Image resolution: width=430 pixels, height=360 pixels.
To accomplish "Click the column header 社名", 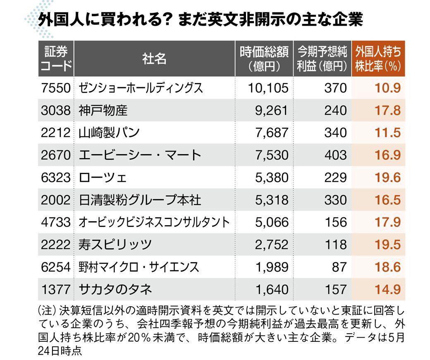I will click(154, 59).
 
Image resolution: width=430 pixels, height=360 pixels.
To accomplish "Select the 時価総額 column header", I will click(264, 59).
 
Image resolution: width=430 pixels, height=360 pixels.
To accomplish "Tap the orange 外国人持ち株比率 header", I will click(378, 59).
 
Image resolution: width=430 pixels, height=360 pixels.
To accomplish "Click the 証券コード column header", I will click(56, 59).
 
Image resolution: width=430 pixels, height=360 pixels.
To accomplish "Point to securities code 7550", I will click(56, 88).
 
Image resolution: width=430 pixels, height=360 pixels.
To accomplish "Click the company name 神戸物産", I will click(103, 110).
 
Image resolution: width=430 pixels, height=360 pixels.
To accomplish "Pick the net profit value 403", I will click(335, 155).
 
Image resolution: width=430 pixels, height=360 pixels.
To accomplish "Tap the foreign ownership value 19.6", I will click(387, 177).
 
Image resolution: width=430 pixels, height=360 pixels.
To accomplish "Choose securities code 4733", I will click(56, 222).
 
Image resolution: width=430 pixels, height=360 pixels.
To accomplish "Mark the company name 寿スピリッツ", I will click(115, 245).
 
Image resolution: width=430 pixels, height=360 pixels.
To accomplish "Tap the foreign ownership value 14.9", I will click(387, 289).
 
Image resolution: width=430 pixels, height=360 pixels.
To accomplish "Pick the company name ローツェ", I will click(103, 177).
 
